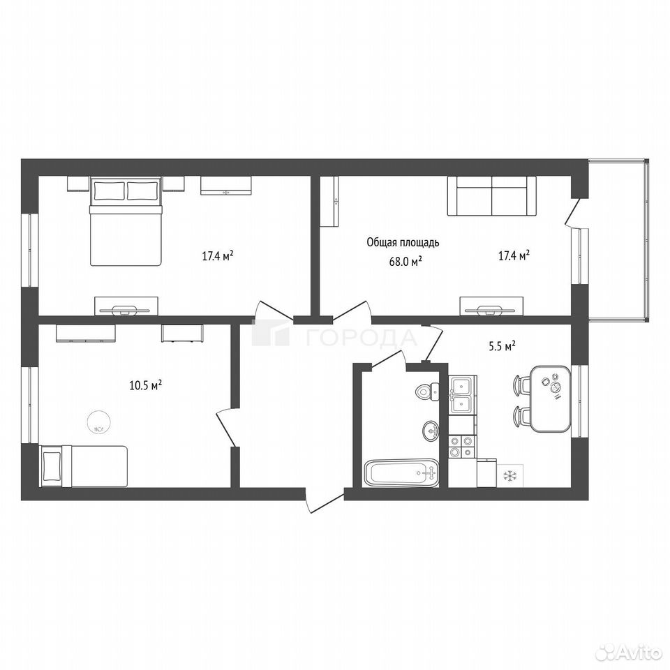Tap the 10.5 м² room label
145,385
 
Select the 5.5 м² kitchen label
502,346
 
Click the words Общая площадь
403,243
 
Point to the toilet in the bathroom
427,391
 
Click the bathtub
401,473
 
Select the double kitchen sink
462,394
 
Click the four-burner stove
462,446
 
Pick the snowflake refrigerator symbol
509,475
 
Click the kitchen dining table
551,399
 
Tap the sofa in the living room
491,195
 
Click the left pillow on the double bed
109,191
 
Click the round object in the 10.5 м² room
98,422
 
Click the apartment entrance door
326,503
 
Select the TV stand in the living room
491,306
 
